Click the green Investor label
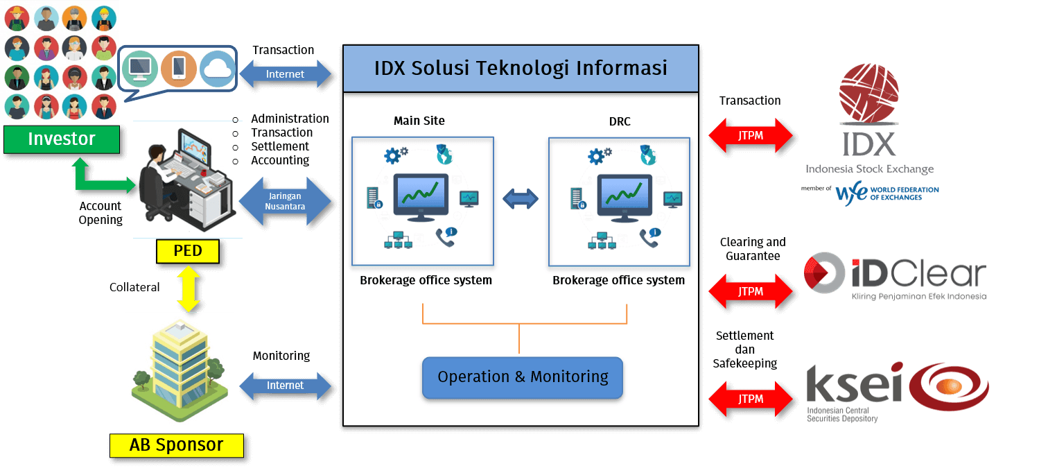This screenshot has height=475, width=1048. pyautogui.click(x=61, y=139)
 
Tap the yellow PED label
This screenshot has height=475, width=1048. pyautogui.click(x=187, y=250)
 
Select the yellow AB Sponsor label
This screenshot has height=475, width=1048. pyautogui.click(x=176, y=444)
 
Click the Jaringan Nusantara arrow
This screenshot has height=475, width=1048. pyautogui.click(x=285, y=201)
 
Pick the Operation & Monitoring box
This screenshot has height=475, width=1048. pyautogui.click(x=523, y=377)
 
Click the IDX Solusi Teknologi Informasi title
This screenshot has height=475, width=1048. pyautogui.click(x=521, y=68)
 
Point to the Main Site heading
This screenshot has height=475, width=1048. pyautogui.click(x=419, y=121)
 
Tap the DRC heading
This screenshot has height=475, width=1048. pyautogui.click(x=619, y=121)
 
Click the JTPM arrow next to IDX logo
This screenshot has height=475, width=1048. pyautogui.click(x=751, y=135)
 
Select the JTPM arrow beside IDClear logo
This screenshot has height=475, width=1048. pyautogui.click(x=751, y=291)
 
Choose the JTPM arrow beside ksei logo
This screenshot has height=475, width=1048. pyautogui.click(x=751, y=399)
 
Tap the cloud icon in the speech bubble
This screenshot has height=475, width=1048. pyautogui.click(x=218, y=68)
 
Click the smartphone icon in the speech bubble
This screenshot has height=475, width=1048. pyautogui.click(x=178, y=68)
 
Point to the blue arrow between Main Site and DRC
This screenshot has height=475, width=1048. pyautogui.click(x=521, y=199)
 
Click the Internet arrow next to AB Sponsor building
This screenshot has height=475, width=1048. pyautogui.click(x=285, y=386)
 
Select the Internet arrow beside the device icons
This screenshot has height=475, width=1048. pyautogui.click(x=285, y=74)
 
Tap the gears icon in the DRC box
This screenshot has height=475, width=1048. pyautogui.click(x=599, y=155)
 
